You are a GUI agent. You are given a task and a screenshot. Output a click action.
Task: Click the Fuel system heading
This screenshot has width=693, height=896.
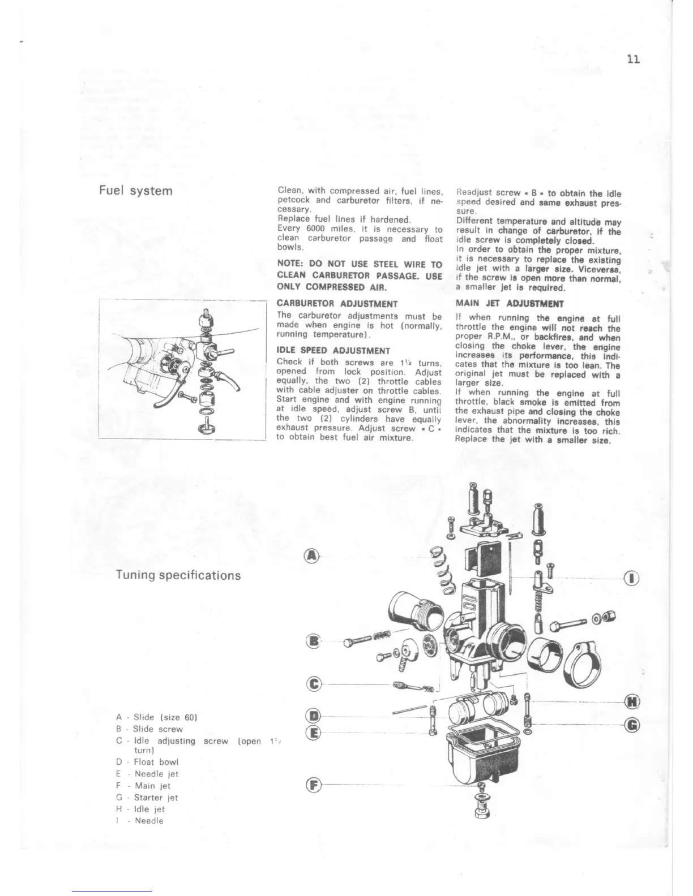pyautogui.click(x=136, y=191)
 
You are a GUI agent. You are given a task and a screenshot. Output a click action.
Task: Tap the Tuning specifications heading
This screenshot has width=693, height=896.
pyautogui.click(x=178, y=575)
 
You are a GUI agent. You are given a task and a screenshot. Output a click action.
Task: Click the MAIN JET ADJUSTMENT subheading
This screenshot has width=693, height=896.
pyautogui.click(x=510, y=303)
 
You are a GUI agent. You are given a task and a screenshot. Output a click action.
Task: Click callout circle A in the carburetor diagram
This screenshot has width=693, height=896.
pyautogui.click(x=312, y=556)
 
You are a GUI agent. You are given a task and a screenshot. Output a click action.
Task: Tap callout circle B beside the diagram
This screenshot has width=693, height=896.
pyautogui.click(x=312, y=641)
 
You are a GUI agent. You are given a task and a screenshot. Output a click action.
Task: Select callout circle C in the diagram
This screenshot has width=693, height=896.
pyautogui.click(x=313, y=684)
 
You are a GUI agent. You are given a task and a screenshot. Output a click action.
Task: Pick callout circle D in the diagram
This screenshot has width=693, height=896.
pyautogui.click(x=313, y=716)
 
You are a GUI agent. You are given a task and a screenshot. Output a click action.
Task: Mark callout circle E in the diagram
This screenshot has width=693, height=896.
pyautogui.click(x=313, y=733)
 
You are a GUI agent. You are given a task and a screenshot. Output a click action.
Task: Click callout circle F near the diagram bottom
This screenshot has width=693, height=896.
pyautogui.click(x=313, y=785)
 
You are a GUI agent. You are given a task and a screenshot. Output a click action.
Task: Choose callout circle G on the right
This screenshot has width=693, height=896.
pyautogui.click(x=633, y=724)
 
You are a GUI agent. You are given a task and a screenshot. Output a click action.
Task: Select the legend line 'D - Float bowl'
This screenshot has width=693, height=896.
pyautogui.click(x=146, y=762)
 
